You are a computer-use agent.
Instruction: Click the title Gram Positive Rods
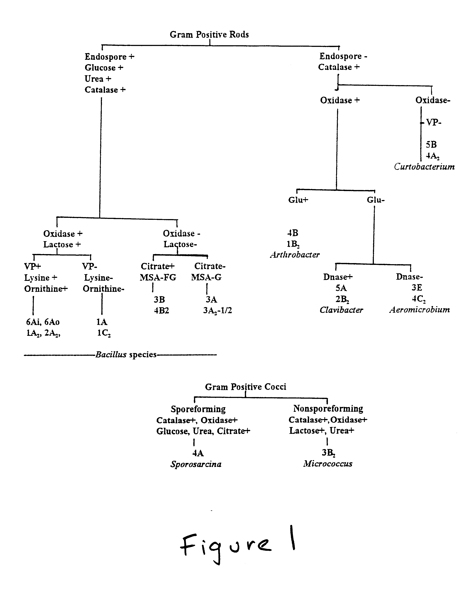pyautogui.click(x=209, y=34)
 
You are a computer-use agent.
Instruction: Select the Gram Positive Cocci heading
pyautogui.click(x=246, y=387)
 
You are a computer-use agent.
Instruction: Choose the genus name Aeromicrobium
pyautogui.click(x=420, y=310)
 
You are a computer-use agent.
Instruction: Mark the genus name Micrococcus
pyautogui.click(x=328, y=463)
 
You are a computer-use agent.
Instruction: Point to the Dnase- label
pyautogui.click(x=409, y=277)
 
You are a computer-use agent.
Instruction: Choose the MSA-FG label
pyautogui.click(x=158, y=277)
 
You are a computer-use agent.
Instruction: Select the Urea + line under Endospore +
pyautogui.click(x=98, y=79)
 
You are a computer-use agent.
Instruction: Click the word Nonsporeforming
pyautogui.click(x=328, y=409)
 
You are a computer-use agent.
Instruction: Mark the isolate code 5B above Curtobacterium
pyautogui.click(x=431, y=145)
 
